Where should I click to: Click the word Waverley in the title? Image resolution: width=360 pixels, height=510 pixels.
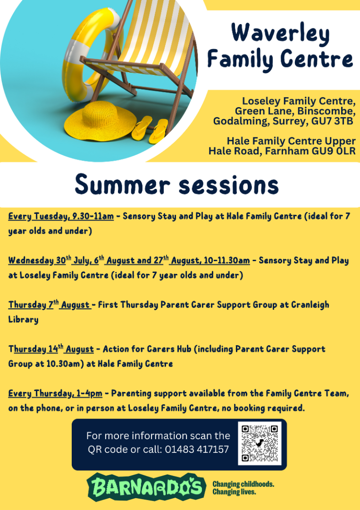click(x=280, y=34)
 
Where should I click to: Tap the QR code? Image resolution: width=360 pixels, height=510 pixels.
click(x=260, y=443)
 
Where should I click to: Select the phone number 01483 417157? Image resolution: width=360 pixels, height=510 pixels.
click(x=197, y=450)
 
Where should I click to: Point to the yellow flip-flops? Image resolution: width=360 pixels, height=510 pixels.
click(x=151, y=129)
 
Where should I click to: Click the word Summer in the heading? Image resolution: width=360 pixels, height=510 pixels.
click(x=123, y=185)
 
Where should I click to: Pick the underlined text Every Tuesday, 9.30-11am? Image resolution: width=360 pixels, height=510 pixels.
click(x=61, y=217)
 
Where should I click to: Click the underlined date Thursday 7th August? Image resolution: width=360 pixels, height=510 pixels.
click(x=50, y=305)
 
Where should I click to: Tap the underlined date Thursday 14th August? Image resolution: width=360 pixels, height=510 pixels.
click(x=51, y=349)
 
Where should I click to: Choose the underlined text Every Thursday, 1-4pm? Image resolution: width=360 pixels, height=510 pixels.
click(x=55, y=393)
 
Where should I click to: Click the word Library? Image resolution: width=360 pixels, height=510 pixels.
click(x=24, y=320)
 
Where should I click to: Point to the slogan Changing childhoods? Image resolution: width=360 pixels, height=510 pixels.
click(x=243, y=484)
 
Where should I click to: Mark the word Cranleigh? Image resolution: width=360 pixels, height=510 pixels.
click(x=310, y=305)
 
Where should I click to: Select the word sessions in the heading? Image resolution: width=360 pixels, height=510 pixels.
click(x=229, y=185)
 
